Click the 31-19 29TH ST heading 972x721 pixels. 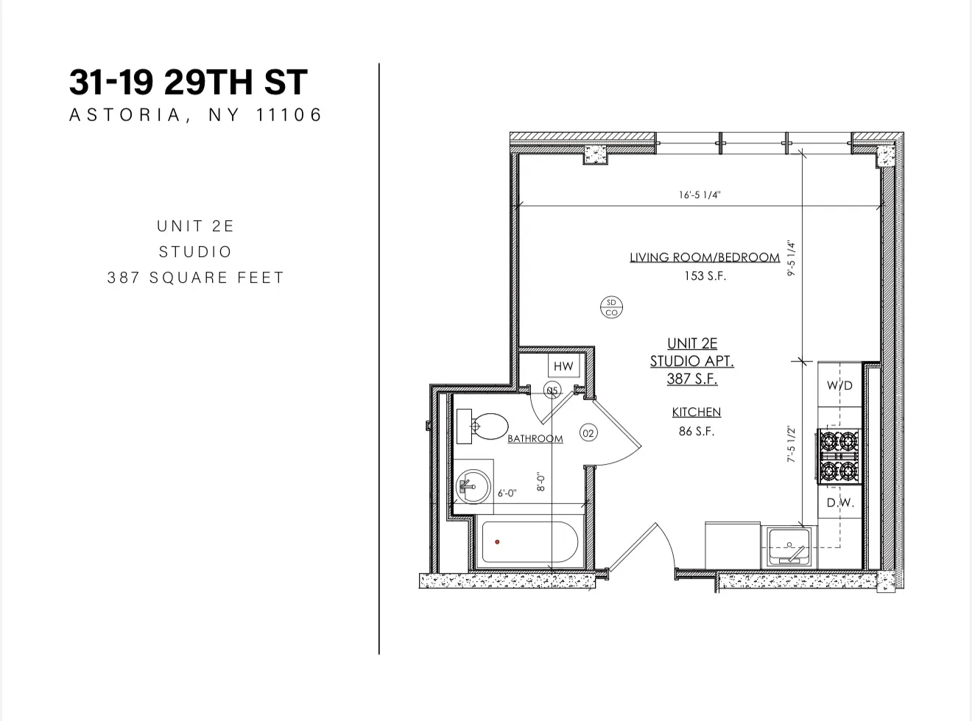click(x=188, y=82)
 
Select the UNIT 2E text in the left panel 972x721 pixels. click(x=195, y=226)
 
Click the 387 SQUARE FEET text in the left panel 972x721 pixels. click(x=195, y=278)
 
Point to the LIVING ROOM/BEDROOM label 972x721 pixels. click(x=704, y=257)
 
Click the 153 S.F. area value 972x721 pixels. click(x=705, y=276)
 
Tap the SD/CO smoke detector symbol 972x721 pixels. click(x=611, y=307)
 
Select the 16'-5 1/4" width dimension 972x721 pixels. click(x=699, y=195)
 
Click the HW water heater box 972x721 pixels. click(x=563, y=366)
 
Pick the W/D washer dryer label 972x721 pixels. click(x=839, y=385)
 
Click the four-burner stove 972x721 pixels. click(x=839, y=457)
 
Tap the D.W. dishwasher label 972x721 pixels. click(x=839, y=503)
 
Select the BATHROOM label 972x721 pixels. click(x=535, y=438)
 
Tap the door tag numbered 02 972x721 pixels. click(x=588, y=433)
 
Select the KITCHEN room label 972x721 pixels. click(x=696, y=412)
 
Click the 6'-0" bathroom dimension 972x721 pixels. click(x=507, y=493)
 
